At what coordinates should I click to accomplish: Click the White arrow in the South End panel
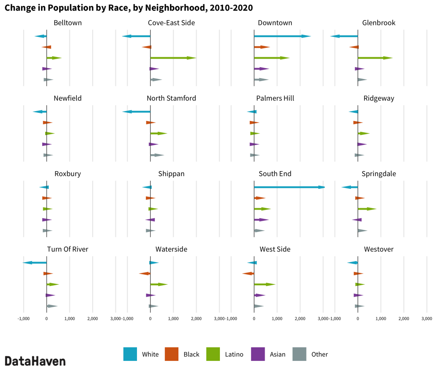coord(289,187)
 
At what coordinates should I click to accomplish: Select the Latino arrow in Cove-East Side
coord(173,58)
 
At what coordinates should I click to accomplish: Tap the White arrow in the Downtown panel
coord(282,36)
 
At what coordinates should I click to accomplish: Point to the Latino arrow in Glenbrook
coord(375,58)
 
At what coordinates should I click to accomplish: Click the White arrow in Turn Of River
coord(35,263)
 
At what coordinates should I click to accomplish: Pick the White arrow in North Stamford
coord(136,112)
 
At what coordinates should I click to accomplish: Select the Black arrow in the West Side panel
coord(248,274)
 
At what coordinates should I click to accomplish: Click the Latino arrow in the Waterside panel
coord(159,284)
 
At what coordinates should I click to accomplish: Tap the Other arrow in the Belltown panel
coord(48,79)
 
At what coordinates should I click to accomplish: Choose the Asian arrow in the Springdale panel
coord(357,220)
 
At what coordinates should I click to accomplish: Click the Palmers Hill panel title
coord(275,98)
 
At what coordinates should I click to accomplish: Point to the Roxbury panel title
coord(68,174)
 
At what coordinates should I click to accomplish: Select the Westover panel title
coord(379,249)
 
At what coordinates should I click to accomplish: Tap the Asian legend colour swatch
coord(258,354)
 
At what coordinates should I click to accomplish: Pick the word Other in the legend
coord(320,355)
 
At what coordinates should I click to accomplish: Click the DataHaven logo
coord(35,361)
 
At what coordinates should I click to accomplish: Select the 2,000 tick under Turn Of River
coord(93,318)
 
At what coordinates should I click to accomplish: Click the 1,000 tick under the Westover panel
coord(381,318)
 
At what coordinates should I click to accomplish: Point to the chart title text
coord(129,8)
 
